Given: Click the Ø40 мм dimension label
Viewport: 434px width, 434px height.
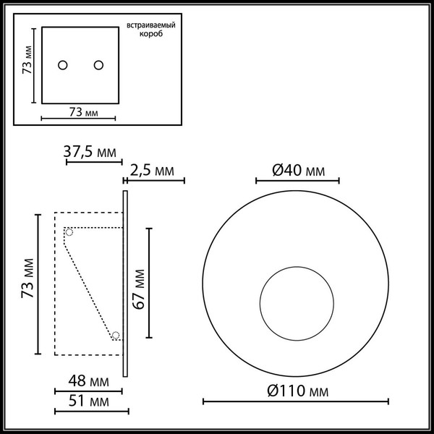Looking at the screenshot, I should [x=298, y=171].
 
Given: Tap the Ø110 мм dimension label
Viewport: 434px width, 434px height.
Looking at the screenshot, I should [x=297, y=391].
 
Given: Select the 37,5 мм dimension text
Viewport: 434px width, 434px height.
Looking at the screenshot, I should [x=90, y=153].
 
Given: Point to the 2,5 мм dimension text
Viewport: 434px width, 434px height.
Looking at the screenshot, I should [x=153, y=171].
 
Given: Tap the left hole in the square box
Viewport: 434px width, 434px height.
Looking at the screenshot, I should [x=63, y=66].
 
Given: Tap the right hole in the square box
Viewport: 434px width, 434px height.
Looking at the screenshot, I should [x=98, y=66].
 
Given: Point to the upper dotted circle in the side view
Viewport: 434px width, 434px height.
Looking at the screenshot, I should [x=69, y=232].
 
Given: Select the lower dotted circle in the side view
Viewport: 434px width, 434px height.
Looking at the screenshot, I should [x=115, y=335].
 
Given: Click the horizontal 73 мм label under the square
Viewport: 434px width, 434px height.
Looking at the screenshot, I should [x=79, y=112].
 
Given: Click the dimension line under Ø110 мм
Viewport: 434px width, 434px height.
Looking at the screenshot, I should [x=296, y=401].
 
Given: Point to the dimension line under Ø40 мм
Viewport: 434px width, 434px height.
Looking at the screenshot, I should [x=297, y=181].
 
